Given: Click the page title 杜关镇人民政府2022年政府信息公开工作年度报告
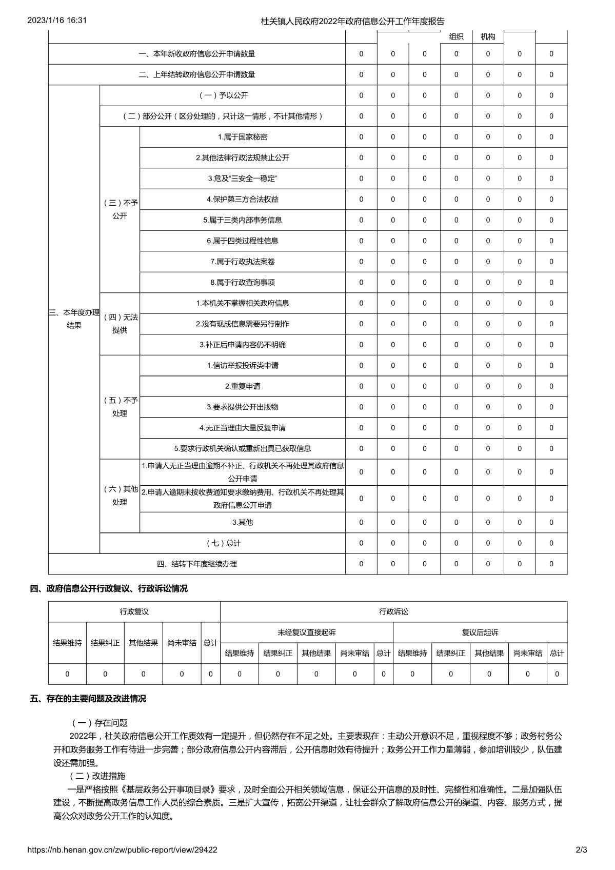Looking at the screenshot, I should pyautogui.click(x=352, y=21).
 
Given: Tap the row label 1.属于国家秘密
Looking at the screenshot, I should pyautogui.click(x=242, y=137).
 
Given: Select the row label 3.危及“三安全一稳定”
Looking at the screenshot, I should pyautogui.click(x=242, y=179).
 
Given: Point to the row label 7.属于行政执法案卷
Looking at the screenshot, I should pyautogui.click(x=242, y=262).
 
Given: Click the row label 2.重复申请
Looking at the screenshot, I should pyautogui.click(x=242, y=386).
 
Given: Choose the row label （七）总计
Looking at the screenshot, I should pyautogui.click(x=222, y=543).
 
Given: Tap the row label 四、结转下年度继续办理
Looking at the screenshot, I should pyautogui.click(x=196, y=564).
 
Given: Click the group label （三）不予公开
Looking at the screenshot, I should pyautogui.click(x=120, y=209).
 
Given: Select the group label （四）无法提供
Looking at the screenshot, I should pyautogui.click(x=120, y=324).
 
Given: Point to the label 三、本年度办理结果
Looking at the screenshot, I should pyautogui.click(x=74, y=319).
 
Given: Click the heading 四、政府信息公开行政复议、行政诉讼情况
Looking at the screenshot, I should pyautogui.click(x=109, y=588).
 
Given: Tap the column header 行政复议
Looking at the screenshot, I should pyautogui.click(x=134, y=611).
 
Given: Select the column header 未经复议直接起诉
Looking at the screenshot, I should pyautogui.click(x=306, y=632).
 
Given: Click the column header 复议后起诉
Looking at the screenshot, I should pyautogui.click(x=480, y=632).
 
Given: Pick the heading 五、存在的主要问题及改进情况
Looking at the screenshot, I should pyautogui.click(x=88, y=699).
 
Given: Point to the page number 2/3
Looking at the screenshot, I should pyautogui.click(x=581, y=850).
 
